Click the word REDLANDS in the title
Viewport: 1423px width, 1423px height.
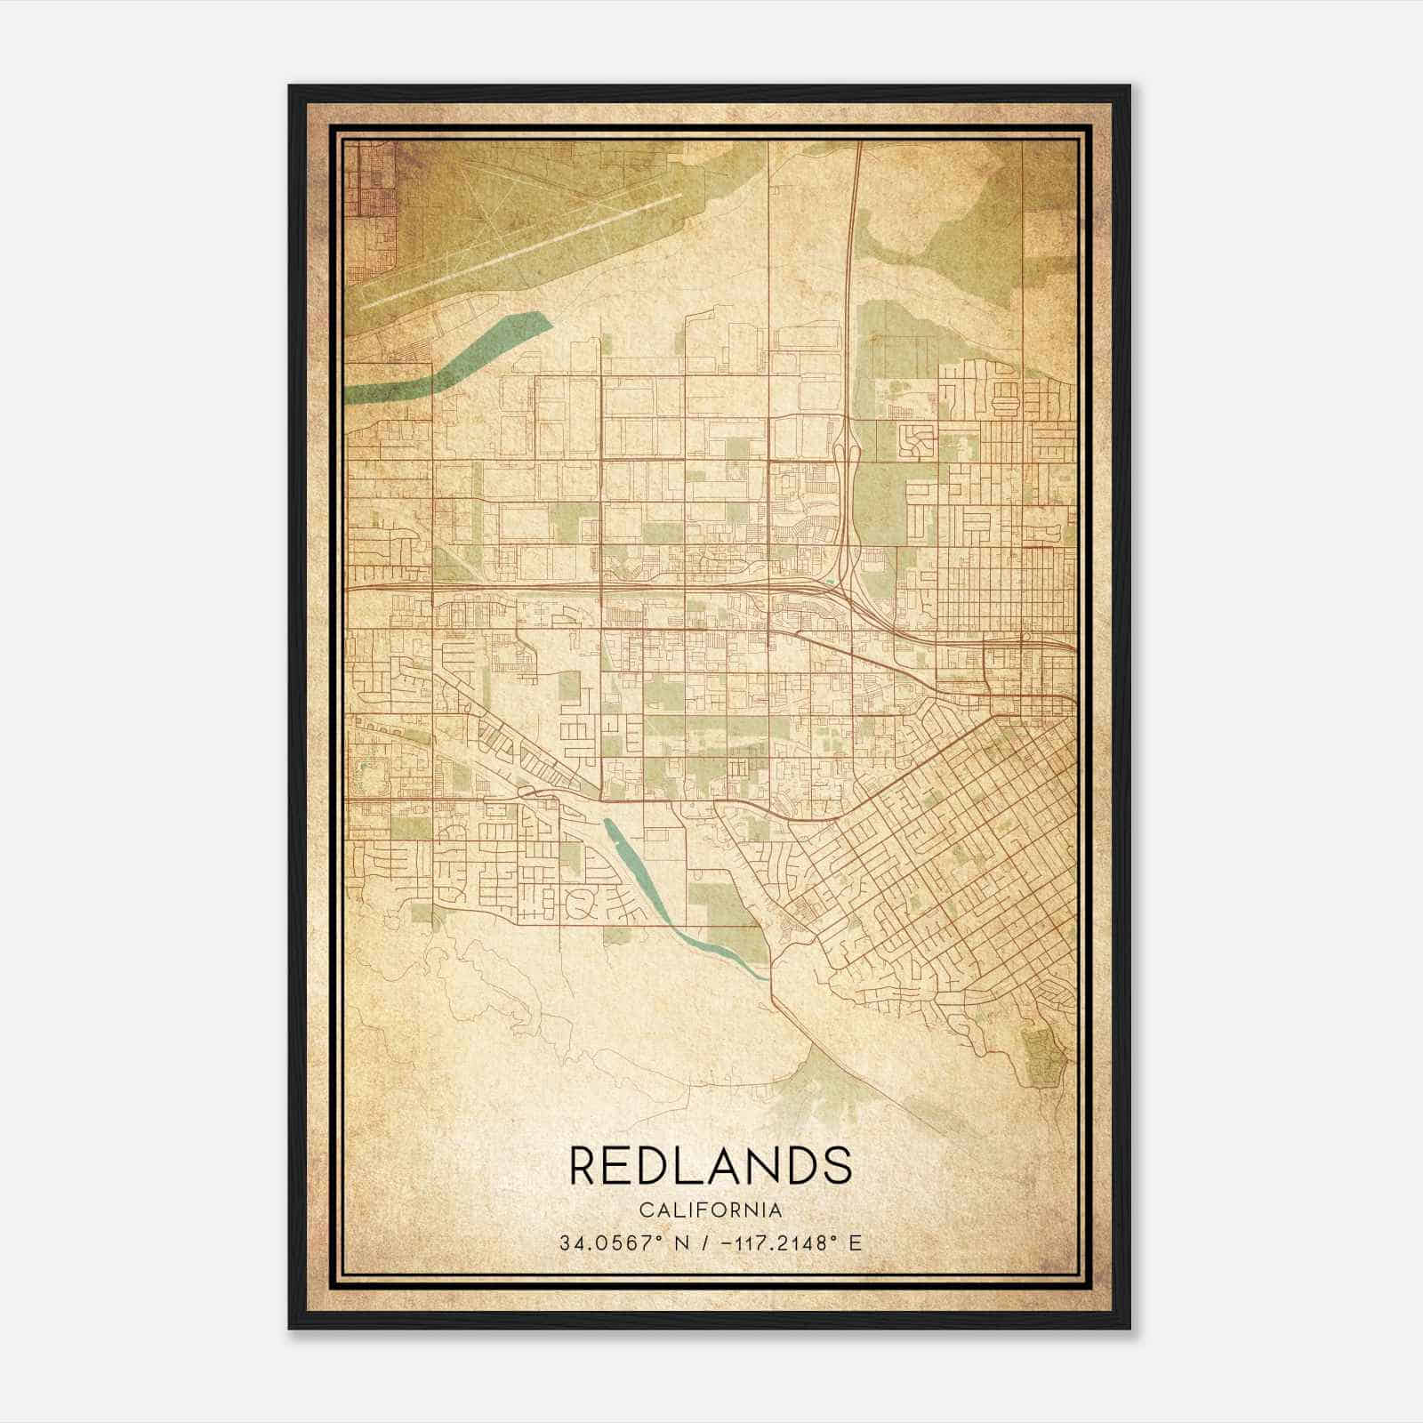click(710, 1165)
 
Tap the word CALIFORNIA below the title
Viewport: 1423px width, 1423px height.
click(710, 1210)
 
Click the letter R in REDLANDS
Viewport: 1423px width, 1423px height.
click(584, 1165)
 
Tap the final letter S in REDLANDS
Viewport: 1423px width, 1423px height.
click(836, 1165)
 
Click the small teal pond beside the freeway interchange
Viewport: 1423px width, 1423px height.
click(830, 583)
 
